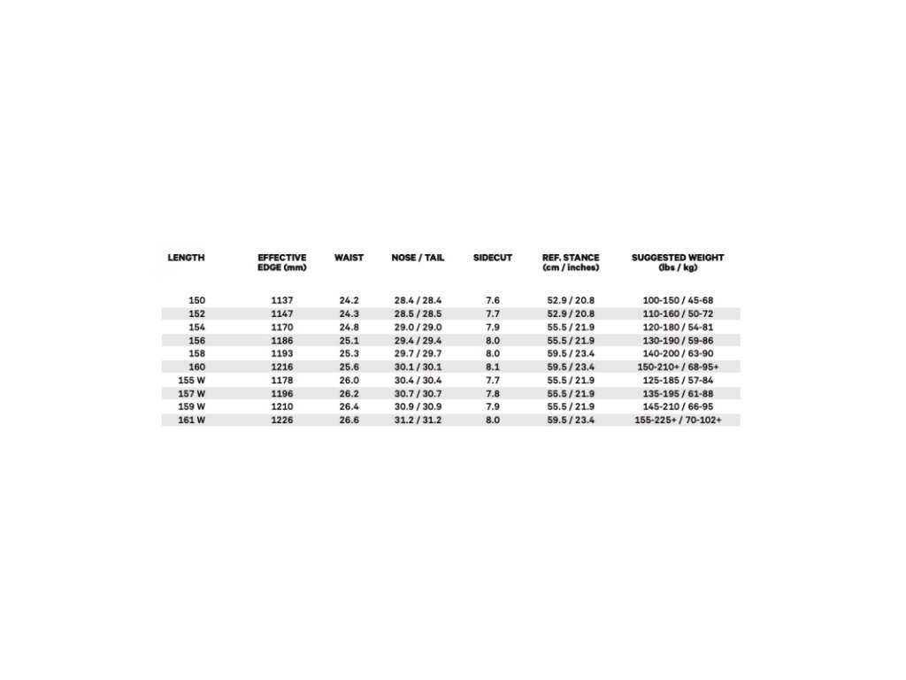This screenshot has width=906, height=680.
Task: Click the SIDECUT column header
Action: click(493, 258)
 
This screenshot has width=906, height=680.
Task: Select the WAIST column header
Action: click(349, 258)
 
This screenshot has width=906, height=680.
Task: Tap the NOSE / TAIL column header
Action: click(418, 258)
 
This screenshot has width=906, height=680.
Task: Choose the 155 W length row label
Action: click(192, 380)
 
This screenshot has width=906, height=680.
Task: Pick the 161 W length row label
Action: click(192, 420)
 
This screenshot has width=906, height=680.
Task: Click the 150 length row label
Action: click(196, 300)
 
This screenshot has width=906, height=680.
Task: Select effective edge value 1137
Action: click(282, 300)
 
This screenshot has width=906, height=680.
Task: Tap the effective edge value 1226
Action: click(282, 420)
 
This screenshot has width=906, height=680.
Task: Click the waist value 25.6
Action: click(349, 367)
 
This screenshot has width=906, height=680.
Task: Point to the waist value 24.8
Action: click(349, 327)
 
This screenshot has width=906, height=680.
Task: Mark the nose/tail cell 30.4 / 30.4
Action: click(418, 380)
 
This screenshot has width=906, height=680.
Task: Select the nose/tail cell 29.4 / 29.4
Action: click(418, 340)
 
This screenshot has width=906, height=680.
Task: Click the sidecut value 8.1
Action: click(493, 367)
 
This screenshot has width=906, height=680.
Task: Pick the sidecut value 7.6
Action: click(493, 300)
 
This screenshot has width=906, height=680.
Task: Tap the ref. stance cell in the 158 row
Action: click(571, 353)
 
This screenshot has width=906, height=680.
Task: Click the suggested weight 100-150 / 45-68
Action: click(678, 300)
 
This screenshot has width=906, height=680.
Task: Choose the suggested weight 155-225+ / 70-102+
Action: click(678, 420)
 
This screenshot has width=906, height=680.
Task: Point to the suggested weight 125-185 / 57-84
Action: click(678, 380)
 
